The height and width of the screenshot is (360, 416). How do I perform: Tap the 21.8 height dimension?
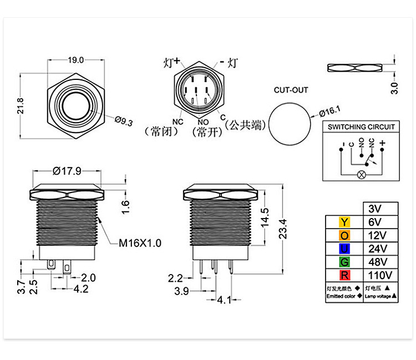(x=21, y=106)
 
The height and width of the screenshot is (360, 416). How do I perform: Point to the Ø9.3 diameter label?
(x=124, y=121)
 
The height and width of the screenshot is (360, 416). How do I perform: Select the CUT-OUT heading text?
(x=291, y=90)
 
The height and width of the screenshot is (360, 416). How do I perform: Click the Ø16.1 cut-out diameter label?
(x=329, y=111)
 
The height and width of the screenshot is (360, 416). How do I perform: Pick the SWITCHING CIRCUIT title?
(x=362, y=127)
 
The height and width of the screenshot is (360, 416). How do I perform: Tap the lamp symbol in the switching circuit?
(x=362, y=175)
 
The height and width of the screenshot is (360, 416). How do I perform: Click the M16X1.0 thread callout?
(x=140, y=242)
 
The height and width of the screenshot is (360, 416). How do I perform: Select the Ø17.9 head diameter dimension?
(x=67, y=171)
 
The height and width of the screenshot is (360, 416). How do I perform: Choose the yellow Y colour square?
(x=344, y=222)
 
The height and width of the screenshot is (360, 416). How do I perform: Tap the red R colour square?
(x=344, y=274)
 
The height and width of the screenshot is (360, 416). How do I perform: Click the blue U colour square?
(x=344, y=248)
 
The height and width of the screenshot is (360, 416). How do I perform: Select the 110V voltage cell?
(x=379, y=275)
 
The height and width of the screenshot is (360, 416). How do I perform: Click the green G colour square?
(x=344, y=261)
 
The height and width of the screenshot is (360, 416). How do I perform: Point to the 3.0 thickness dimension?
(x=394, y=88)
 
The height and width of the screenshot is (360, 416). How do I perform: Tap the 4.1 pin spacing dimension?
(x=224, y=300)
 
